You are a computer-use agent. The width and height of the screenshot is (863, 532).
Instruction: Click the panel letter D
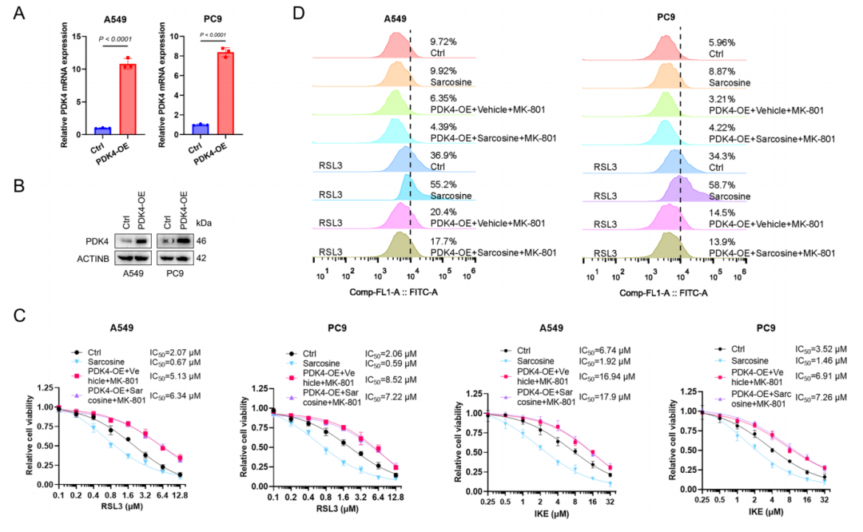click(x=321, y=14)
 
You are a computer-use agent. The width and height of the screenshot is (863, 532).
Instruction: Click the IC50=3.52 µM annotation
click(x=822, y=349)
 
